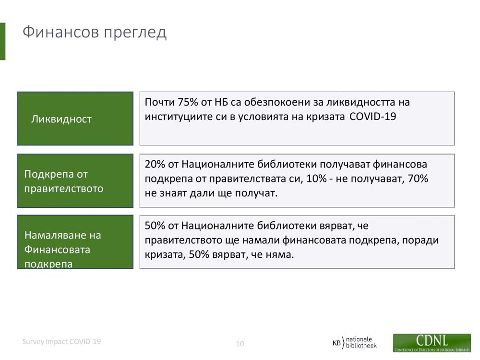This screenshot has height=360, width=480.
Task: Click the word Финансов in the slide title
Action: click(x=61, y=32)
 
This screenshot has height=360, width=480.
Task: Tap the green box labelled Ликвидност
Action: click(x=75, y=119)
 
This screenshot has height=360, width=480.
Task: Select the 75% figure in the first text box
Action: click(x=187, y=102)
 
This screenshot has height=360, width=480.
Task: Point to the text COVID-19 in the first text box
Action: click(x=372, y=117)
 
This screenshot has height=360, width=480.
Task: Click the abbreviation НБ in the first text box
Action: click(x=222, y=102)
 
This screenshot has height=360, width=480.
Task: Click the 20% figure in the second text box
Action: click(x=155, y=164)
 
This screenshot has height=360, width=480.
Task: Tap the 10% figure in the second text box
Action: click(x=316, y=179)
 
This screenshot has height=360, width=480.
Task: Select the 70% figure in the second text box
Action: click(x=418, y=179)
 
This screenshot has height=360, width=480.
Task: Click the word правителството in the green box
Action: click(x=64, y=189)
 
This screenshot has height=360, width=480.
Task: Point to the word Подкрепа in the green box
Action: click(x=49, y=174)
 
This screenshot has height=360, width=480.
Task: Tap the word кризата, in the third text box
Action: click(x=165, y=255)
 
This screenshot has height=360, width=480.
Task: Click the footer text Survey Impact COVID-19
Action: click(x=61, y=342)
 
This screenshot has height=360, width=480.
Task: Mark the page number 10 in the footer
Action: click(x=240, y=344)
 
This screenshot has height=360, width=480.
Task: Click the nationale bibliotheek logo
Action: click(x=355, y=342)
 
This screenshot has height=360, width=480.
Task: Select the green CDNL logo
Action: click(x=432, y=343)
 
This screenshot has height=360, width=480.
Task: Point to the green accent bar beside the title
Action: click(x=2, y=41)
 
